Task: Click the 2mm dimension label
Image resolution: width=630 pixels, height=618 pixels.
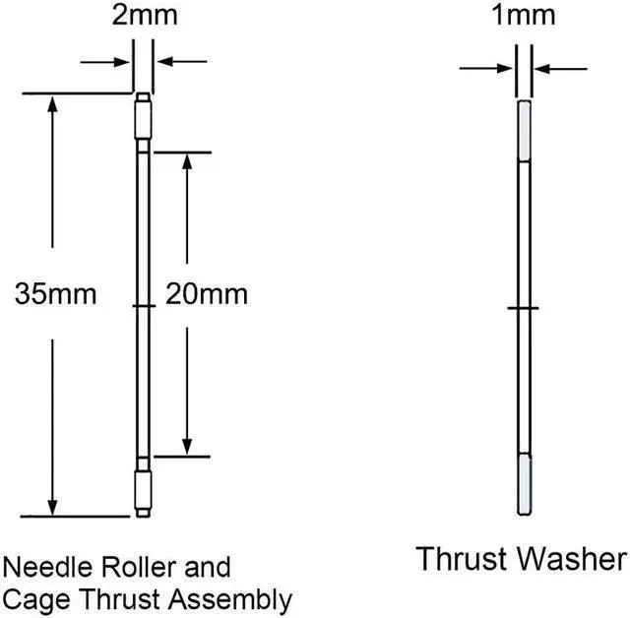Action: [145, 16]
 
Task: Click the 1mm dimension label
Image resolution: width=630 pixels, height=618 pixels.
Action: [524, 16]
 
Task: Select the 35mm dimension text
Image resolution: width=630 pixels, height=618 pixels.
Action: [56, 294]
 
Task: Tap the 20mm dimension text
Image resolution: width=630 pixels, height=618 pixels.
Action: [207, 294]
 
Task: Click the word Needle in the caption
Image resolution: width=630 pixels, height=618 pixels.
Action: [48, 567]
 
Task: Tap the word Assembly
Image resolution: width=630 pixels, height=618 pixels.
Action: [230, 600]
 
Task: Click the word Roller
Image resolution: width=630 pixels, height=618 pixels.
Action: [139, 567]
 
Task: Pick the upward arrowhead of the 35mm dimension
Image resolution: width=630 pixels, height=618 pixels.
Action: [52, 103]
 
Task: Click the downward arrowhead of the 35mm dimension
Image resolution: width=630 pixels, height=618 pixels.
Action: [52, 507]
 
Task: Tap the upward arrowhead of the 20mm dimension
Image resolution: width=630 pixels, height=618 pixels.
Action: [187, 161]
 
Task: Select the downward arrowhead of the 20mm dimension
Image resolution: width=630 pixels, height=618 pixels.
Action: [187, 447]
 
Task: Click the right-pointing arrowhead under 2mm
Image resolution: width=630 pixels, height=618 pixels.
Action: [121, 62]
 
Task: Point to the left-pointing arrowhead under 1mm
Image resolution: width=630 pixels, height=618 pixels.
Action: [542, 69]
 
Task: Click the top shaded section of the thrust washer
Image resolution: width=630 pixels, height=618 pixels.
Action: [524, 131]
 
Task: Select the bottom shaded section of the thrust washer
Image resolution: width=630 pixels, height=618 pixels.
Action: [524, 484]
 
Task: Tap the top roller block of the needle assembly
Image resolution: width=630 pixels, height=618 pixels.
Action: [143, 120]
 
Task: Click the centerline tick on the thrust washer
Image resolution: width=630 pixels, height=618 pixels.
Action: [523, 308]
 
